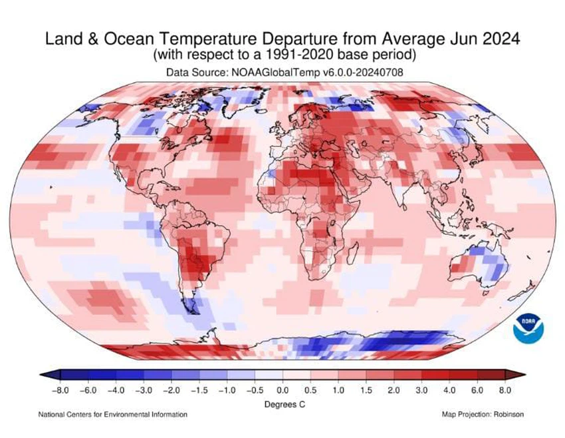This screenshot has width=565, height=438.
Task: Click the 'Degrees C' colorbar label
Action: click(282, 403)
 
